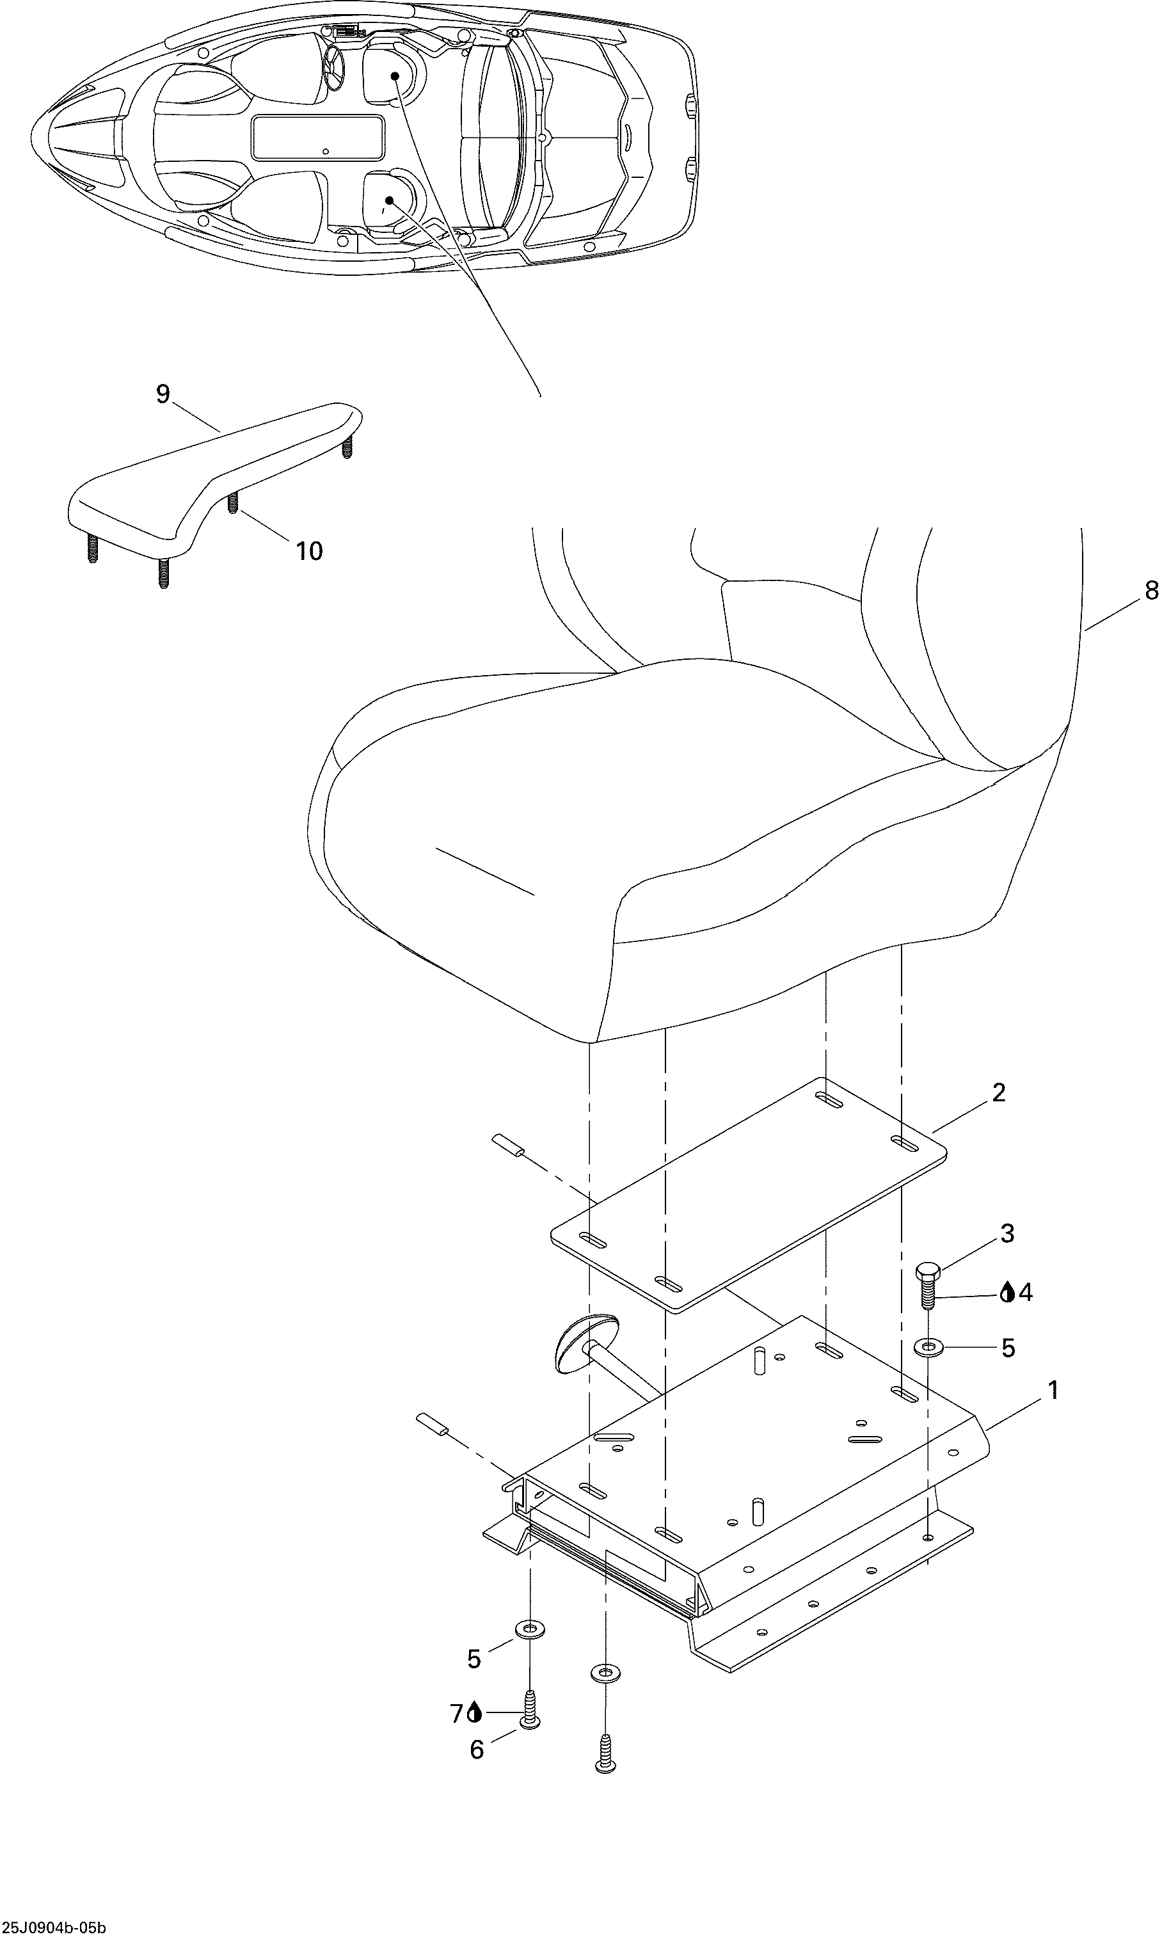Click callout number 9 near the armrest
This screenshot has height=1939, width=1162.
163,394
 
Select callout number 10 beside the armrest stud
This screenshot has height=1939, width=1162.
309,552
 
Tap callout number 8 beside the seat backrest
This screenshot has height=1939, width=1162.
1151,591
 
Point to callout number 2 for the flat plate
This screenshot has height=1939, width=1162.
998,1092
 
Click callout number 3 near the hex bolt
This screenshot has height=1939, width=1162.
1007,1233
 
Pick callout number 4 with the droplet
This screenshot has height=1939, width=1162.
1025,1292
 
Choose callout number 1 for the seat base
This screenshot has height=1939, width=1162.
1053,1390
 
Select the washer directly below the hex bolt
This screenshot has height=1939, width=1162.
928,1347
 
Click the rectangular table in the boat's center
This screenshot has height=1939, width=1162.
318,139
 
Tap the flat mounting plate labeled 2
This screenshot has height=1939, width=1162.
749,1194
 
